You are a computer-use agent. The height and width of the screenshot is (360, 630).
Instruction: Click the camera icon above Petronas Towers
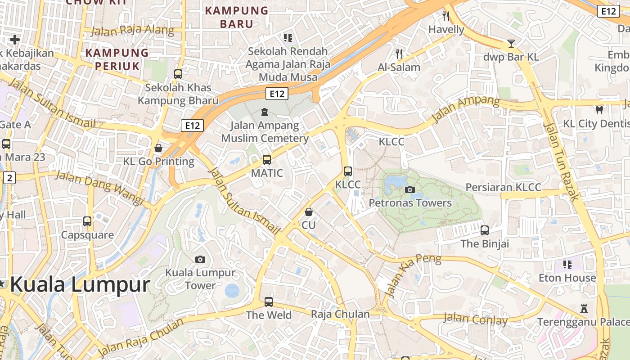click(x=409, y=189)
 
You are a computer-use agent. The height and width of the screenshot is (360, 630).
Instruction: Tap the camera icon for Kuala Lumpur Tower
click(x=200, y=259)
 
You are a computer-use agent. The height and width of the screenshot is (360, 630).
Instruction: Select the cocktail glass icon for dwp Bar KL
click(x=511, y=44)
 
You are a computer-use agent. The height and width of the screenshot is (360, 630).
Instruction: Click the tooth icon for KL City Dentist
click(x=599, y=109)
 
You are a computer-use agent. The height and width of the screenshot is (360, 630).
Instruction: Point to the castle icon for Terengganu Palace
click(x=584, y=309)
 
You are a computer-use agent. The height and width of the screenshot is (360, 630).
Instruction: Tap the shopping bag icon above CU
click(x=309, y=211)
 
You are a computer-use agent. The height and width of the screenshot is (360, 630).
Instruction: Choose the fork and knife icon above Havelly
click(x=446, y=16)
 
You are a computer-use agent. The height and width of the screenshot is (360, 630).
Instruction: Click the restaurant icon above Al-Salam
click(x=399, y=54)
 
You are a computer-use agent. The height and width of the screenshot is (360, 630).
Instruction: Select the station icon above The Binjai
click(x=484, y=230)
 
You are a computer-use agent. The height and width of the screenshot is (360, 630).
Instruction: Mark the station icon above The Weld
click(x=269, y=301)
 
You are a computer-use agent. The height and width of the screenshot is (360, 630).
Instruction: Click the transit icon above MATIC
click(x=267, y=159)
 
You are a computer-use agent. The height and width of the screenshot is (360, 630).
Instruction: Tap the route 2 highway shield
click(x=9, y=178)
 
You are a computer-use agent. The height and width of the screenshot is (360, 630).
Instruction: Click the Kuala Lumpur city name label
click(x=80, y=285)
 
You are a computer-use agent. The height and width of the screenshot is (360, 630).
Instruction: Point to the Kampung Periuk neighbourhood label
click(x=117, y=59)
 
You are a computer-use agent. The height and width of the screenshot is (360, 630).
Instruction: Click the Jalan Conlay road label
click(x=475, y=319)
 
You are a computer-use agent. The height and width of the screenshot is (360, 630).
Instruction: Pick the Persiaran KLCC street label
click(x=503, y=187)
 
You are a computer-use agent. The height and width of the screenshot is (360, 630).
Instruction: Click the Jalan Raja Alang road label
click(x=132, y=30)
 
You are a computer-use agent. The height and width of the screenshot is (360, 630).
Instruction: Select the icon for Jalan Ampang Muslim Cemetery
click(x=265, y=112)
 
